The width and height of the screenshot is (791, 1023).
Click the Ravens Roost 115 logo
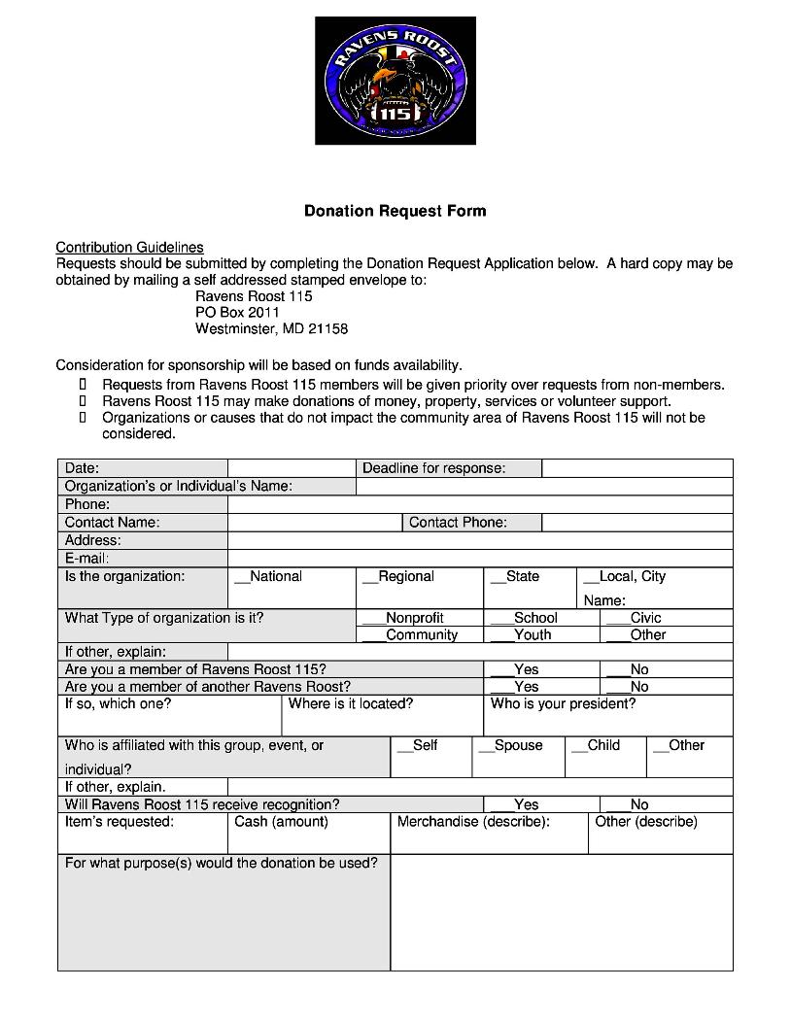(x=395, y=81)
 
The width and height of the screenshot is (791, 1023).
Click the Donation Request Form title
(x=395, y=211)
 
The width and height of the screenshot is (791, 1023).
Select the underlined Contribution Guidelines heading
(x=129, y=248)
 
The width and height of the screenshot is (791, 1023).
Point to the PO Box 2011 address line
(x=237, y=313)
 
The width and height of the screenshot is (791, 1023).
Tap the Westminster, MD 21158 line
(x=271, y=329)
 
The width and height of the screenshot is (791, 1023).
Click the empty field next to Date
(x=292, y=468)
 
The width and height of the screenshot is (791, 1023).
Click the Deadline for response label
(x=433, y=468)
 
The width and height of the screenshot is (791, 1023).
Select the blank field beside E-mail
(x=479, y=559)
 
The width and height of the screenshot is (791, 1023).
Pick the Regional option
(x=398, y=577)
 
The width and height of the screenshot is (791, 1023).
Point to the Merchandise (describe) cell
(x=489, y=833)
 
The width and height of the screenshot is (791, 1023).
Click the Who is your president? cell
(x=607, y=715)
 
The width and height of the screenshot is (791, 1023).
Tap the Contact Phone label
(x=458, y=523)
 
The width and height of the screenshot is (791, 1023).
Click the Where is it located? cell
(x=382, y=715)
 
